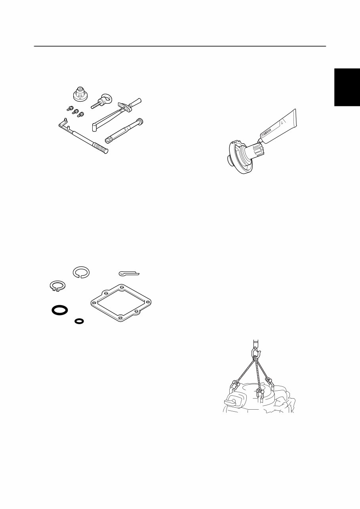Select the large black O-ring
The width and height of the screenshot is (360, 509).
(x=59, y=310)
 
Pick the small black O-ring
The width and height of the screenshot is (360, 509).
(x=79, y=321)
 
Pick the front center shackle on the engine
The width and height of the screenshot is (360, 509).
(x=259, y=392)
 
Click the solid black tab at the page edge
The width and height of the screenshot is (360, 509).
(x=347, y=87)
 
